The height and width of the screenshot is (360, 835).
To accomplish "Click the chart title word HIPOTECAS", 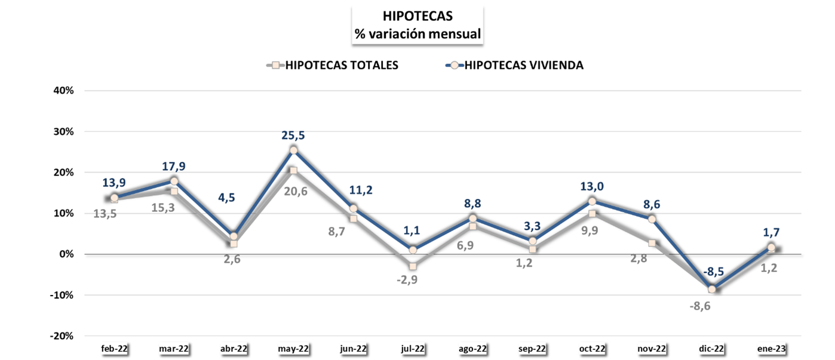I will (417, 17).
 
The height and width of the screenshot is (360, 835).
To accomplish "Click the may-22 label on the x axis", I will (293, 349).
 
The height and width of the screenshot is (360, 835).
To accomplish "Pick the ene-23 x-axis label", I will (771, 349).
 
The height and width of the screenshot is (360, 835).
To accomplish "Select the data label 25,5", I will (293, 136).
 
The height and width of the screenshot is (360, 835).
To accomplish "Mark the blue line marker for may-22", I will (293, 150).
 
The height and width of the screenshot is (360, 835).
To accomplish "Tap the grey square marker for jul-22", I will (413, 266).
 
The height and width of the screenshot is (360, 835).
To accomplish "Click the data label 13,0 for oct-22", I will (592, 187).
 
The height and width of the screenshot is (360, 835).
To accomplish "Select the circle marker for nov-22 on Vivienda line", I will (652, 219).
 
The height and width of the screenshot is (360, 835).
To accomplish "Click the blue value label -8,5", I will (713, 272).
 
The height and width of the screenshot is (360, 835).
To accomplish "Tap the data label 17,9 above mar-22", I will (174, 167).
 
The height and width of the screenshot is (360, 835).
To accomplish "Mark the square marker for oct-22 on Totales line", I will (592, 214).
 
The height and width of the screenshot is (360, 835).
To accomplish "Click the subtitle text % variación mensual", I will (417, 34).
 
